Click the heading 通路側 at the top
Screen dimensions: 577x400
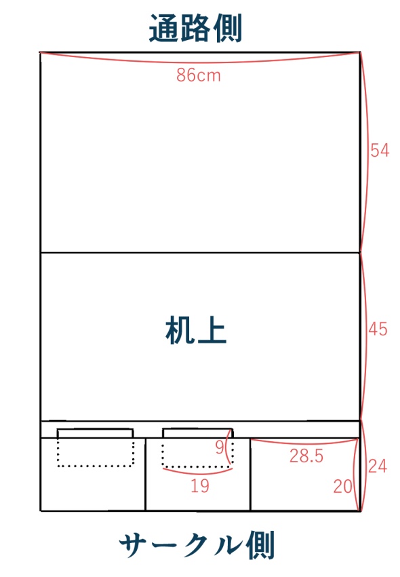click(195, 29)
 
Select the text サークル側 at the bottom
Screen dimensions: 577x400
click(197, 545)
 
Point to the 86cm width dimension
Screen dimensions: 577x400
click(199, 75)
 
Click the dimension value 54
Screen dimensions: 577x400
click(379, 151)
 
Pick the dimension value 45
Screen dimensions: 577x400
click(379, 329)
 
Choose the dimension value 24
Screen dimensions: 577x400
click(378, 466)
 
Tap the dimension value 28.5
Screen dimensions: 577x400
click(306, 457)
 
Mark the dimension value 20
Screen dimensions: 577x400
click(344, 485)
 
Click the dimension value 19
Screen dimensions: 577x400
click(199, 486)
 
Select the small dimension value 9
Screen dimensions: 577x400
click(219, 447)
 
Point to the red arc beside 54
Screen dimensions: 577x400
click(367, 151)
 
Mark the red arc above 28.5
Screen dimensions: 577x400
click(305, 443)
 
